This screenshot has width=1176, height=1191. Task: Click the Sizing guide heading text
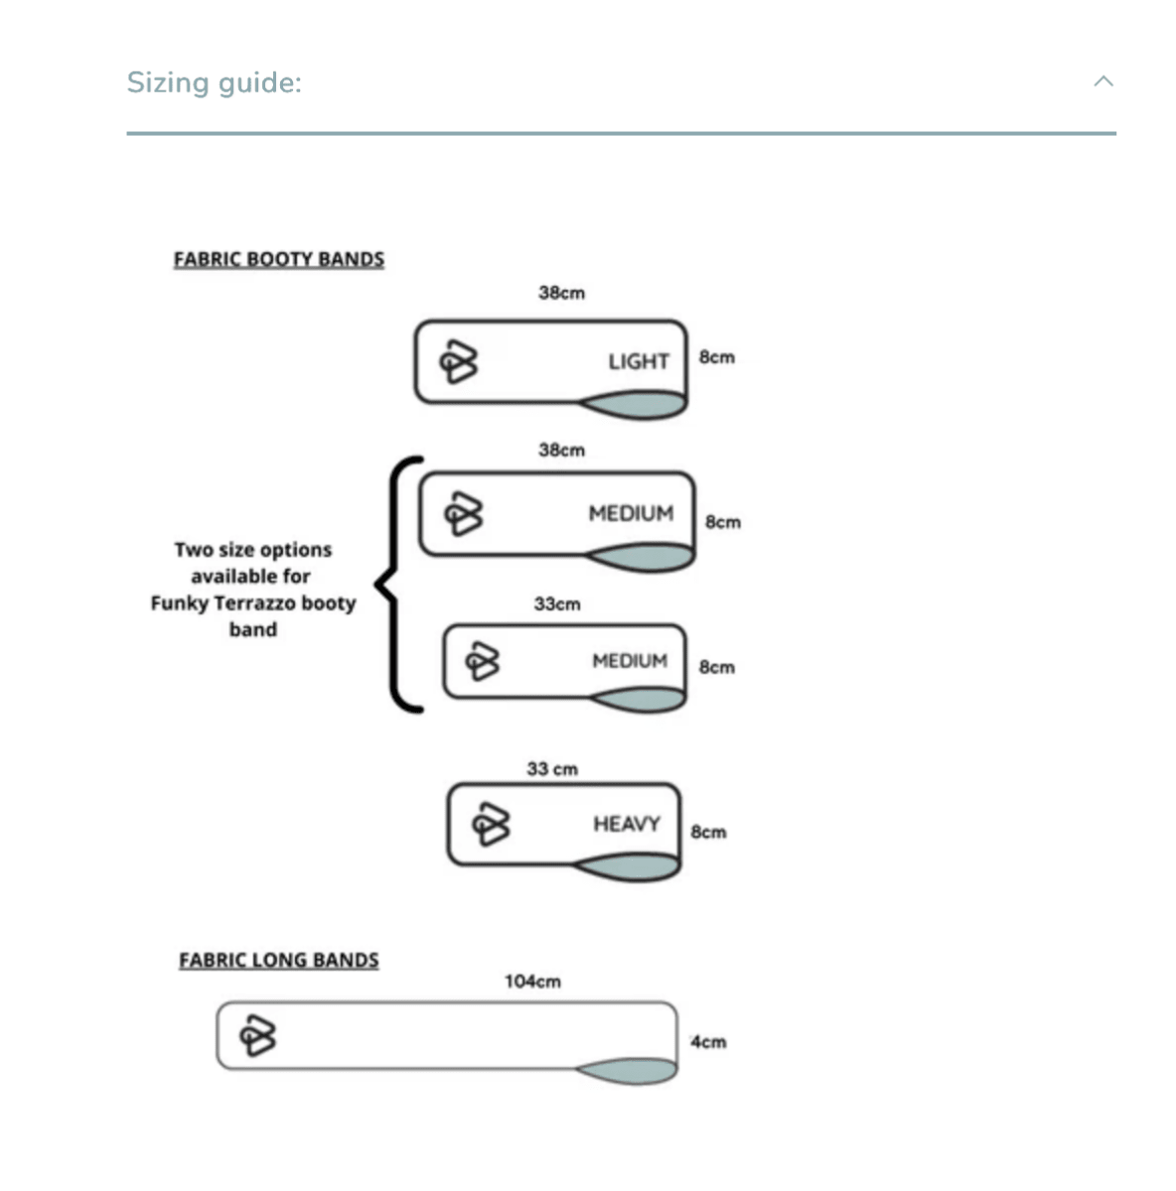(x=214, y=83)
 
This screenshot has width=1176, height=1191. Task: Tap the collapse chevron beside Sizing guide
(x=1103, y=81)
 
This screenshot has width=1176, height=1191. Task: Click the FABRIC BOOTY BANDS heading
(x=279, y=260)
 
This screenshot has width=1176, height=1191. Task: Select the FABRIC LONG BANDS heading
(x=279, y=960)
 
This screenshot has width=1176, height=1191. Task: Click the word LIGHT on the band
(x=639, y=361)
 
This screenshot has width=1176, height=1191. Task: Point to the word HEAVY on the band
(x=627, y=824)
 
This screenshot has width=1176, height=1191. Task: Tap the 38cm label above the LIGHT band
(x=562, y=293)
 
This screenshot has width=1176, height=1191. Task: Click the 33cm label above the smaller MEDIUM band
(x=557, y=603)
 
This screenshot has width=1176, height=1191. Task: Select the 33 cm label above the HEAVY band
(x=552, y=769)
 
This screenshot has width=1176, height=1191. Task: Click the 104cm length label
(x=532, y=982)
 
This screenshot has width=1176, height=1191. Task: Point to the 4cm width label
(x=708, y=1042)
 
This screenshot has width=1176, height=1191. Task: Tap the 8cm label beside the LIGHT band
(x=717, y=357)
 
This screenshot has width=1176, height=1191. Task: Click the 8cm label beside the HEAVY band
(x=708, y=832)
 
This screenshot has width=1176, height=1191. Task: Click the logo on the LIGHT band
(x=459, y=361)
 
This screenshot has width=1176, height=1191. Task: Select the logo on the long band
(x=257, y=1035)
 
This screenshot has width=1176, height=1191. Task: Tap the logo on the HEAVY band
(x=492, y=824)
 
